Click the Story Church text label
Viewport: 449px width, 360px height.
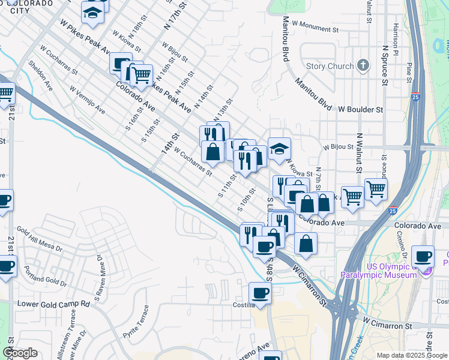pos(329,66)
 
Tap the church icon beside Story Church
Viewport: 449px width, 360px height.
pos(363,65)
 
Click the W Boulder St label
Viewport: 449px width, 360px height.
pos(360,110)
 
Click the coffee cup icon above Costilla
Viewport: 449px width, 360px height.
pos(260,293)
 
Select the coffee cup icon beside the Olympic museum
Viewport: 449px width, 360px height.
pos(423,256)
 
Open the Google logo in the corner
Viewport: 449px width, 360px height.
pos(20,353)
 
